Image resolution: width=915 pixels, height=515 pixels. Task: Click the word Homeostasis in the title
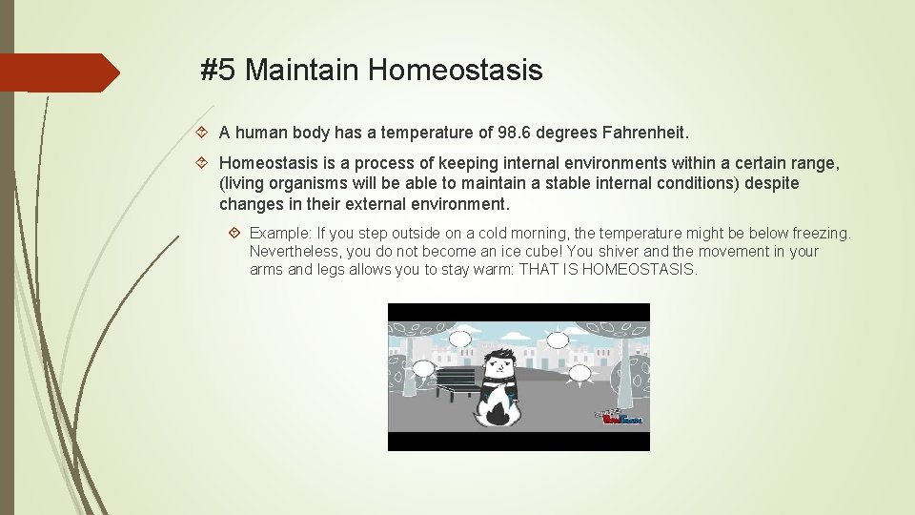(x=455, y=70)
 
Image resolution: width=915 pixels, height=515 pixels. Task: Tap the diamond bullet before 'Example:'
(x=235, y=233)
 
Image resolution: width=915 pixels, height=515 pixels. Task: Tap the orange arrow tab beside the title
(x=59, y=72)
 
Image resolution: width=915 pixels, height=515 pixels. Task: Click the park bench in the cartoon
(x=457, y=381)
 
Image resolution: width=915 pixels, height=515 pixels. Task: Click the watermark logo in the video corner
(x=620, y=417)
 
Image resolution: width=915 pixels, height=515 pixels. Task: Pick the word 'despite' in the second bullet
(x=772, y=183)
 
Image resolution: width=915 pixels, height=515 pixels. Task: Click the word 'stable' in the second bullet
(x=574, y=183)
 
